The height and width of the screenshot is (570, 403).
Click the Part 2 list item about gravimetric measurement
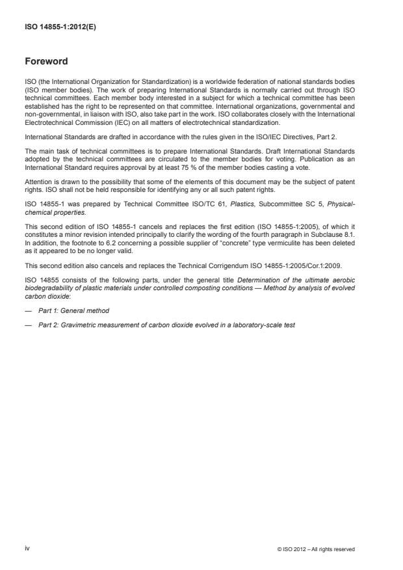point(166,323)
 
